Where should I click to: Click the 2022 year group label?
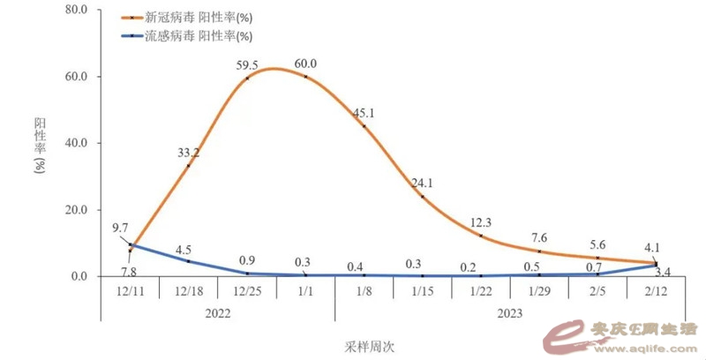coord(217,313)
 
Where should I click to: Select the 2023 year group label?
coord(509,313)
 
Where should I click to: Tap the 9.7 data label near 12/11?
coord(121,229)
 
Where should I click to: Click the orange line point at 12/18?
coord(188,165)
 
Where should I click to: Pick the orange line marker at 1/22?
coord(481,236)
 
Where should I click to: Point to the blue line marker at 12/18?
coord(188,261)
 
